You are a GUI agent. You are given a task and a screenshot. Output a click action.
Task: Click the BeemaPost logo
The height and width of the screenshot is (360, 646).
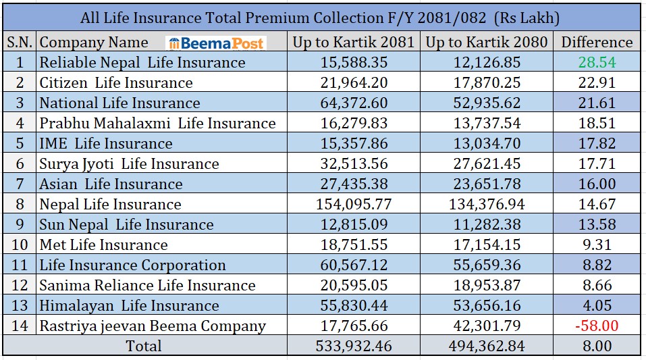(217, 43)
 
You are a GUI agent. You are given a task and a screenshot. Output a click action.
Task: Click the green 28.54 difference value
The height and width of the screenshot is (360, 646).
(597, 62)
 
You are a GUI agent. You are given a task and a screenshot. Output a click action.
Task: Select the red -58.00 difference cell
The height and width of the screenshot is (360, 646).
(596, 326)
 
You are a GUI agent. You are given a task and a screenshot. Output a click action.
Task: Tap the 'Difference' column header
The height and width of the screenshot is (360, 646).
(597, 42)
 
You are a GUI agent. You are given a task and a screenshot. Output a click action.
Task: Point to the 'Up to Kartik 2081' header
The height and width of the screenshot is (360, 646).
(353, 42)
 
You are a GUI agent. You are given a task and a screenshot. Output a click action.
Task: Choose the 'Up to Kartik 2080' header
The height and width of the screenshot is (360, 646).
(487, 42)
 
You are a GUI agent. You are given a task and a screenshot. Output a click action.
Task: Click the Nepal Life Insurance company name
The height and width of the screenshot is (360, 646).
(110, 204)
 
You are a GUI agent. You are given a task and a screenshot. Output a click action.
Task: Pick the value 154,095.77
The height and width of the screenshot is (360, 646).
(353, 204)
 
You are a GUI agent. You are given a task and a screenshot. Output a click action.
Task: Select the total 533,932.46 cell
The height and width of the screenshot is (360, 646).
(353, 346)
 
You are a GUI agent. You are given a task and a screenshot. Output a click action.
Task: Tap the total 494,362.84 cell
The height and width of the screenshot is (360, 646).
(487, 346)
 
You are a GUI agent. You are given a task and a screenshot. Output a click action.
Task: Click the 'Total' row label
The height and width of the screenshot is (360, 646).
(144, 346)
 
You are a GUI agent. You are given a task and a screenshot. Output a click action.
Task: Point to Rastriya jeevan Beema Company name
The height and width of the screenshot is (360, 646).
(153, 326)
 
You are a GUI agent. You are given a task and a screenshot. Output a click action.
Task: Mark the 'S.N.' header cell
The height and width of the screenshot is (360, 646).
(20, 42)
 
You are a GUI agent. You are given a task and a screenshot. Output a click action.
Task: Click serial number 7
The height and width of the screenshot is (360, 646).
(20, 184)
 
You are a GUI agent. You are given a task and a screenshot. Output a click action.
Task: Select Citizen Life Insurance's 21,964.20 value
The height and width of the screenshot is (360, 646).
(353, 82)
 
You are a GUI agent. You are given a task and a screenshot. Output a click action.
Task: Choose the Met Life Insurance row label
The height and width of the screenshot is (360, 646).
(103, 245)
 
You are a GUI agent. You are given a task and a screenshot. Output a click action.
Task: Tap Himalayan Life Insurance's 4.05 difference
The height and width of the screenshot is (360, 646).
(596, 305)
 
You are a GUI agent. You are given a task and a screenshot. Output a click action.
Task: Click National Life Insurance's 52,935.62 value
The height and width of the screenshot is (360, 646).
(487, 103)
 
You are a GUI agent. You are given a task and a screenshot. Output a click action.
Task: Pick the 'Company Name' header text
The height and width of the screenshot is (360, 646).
(94, 42)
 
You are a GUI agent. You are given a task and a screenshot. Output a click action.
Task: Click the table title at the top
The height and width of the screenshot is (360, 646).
(320, 17)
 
